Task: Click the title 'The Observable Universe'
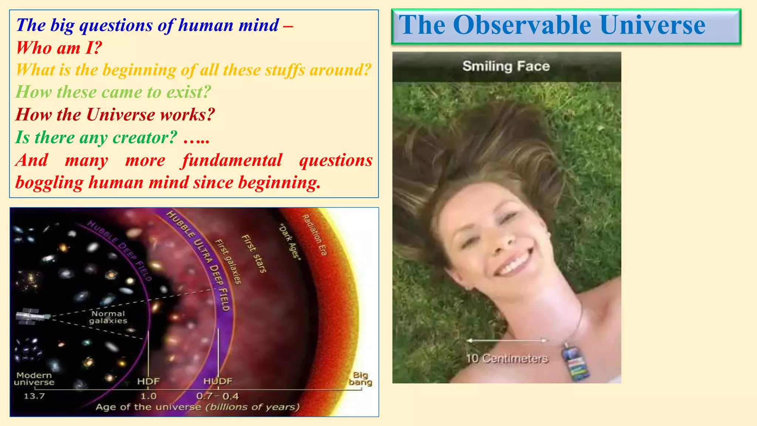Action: (552, 26)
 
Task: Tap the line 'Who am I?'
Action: (59, 48)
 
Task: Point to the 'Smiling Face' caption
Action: (506, 66)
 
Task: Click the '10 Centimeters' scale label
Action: (507, 358)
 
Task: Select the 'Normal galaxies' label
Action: (108, 317)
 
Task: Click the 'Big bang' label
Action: (360, 379)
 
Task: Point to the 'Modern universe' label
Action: (34, 379)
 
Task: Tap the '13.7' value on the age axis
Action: (34, 396)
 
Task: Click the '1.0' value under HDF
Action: (148, 396)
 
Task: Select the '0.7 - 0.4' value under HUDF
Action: (217, 396)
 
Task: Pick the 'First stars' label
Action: (254, 254)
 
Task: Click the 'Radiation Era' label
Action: (315, 235)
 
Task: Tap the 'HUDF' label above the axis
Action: (218, 381)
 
